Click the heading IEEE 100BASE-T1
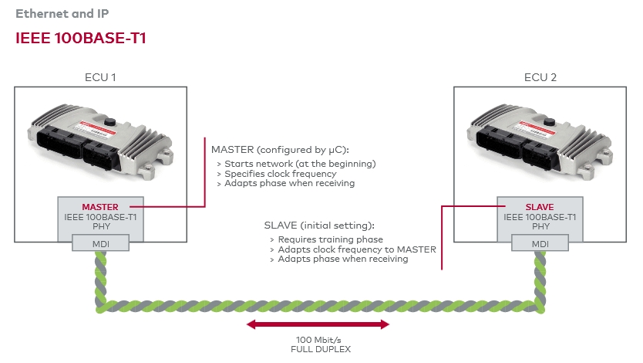point(81,39)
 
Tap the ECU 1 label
point(100,77)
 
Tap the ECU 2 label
point(540,77)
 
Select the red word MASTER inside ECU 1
point(100,207)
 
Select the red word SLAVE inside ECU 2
point(540,207)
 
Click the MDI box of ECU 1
point(100,244)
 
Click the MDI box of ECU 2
point(540,244)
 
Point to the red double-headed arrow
point(318,324)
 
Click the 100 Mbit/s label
point(318,340)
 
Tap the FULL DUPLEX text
point(318,349)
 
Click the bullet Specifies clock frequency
point(282,174)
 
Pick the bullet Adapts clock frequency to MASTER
point(357,249)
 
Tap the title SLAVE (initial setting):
point(318,225)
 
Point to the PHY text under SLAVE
point(540,227)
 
